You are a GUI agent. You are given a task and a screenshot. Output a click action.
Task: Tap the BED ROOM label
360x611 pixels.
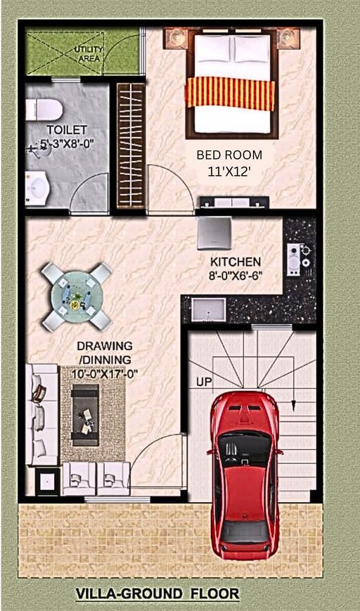pyautogui.click(x=229, y=155)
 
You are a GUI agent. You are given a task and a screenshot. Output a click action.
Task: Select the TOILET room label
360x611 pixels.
pyautogui.click(x=67, y=130)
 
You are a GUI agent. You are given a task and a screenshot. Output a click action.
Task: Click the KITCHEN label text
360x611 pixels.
pyautogui.click(x=236, y=262)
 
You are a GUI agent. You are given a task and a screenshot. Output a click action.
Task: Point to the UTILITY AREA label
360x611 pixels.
pyautogui.click(x=89, y=52)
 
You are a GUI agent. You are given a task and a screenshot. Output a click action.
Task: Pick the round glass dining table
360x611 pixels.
pyautogui.click(x=76, y=296)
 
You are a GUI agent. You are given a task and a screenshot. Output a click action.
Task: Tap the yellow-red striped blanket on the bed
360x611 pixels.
pyautogui.click(x=230, y=93)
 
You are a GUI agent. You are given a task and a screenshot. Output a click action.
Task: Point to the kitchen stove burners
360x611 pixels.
pyautogui.click(x=298, y=257)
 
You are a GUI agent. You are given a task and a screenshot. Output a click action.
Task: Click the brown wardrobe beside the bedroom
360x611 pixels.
pyautogui.click(x=130, y=146)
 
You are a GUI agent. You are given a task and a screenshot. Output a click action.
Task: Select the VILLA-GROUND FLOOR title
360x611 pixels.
pyautogui.click(x=157, y=594)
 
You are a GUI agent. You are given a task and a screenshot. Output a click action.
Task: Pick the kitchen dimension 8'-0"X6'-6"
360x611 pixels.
pyautogui.click(x=236, y=276)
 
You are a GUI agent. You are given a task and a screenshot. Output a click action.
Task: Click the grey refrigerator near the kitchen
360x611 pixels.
pyautogui.click(x=214, y=232)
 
